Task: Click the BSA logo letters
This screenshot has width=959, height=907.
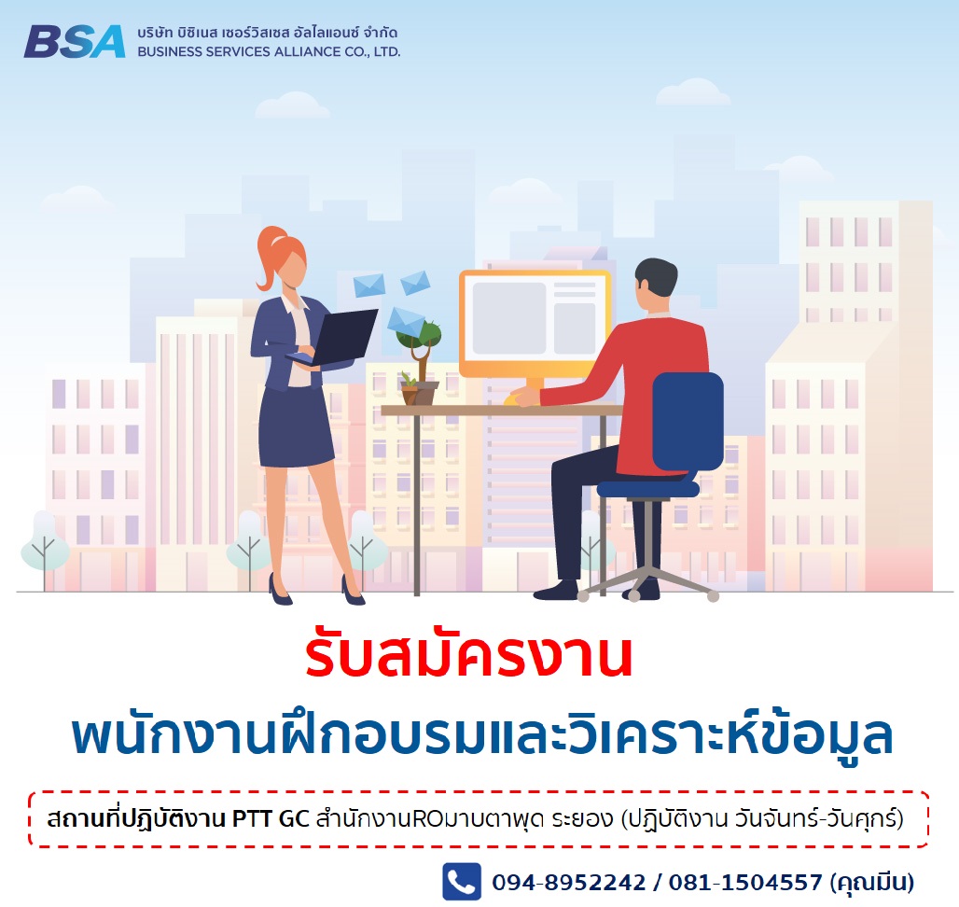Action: (74, 42)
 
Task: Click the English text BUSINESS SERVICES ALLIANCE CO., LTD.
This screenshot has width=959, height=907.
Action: (269, 52)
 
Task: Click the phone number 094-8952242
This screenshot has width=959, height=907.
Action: (569, 882)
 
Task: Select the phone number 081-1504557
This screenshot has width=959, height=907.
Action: (745, 882)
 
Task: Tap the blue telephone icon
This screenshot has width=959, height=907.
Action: (462, 881)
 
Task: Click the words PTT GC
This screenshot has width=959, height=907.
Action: (271, 818)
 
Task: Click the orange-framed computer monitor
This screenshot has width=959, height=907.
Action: (535, 324)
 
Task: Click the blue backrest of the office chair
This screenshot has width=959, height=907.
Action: (688, 421)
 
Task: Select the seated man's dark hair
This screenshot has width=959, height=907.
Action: (656, 277)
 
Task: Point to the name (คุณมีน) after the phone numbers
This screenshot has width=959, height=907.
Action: (872, 883)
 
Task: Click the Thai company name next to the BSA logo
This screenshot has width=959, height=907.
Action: (268, 33)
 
